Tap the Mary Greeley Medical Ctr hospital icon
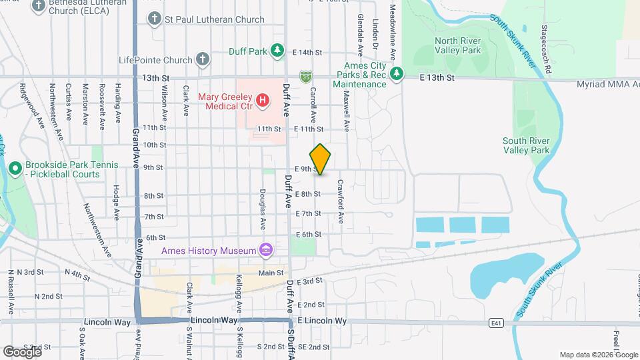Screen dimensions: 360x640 [x=263, y=101]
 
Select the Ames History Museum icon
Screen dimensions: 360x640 [x=265, y=251]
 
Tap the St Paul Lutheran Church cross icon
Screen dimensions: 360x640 [x=155, y=19]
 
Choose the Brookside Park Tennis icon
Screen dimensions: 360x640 [x=15, y=169]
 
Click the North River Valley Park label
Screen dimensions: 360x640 [x=457, y=45]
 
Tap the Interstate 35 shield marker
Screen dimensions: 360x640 [x=305, y=77]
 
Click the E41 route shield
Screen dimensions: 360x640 [x=495, y=323]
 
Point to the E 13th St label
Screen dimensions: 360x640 [x=437, y=78]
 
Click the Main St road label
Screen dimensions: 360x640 [x=271, y=273]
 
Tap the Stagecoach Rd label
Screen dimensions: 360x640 [x=546, y=50]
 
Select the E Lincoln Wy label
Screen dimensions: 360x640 [x=323, y=321]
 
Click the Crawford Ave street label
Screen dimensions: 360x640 [x=340, y=200]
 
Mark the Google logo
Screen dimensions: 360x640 [x=22, y=351]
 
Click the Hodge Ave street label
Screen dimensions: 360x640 [x=115, y=203]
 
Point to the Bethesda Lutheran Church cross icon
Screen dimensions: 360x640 [x=38, y=6]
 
